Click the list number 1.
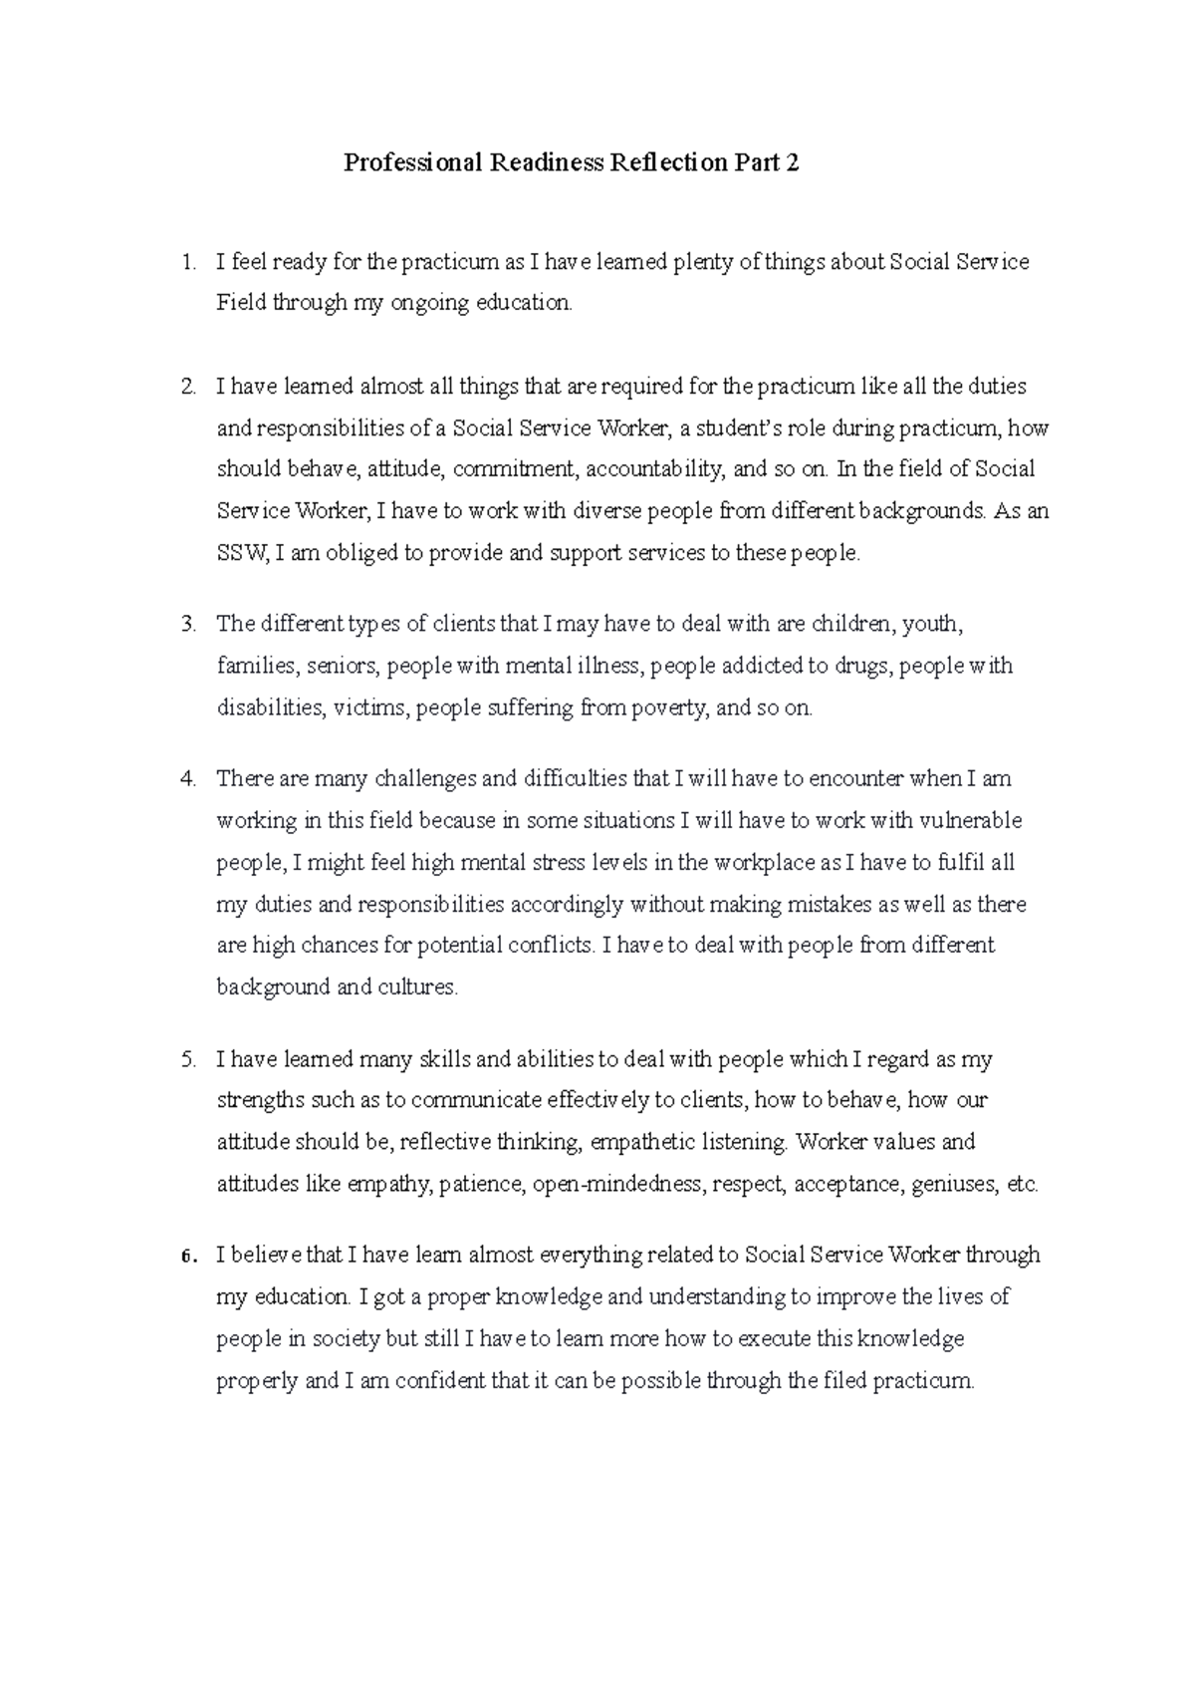187,262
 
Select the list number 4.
187,779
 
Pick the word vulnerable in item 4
971,821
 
